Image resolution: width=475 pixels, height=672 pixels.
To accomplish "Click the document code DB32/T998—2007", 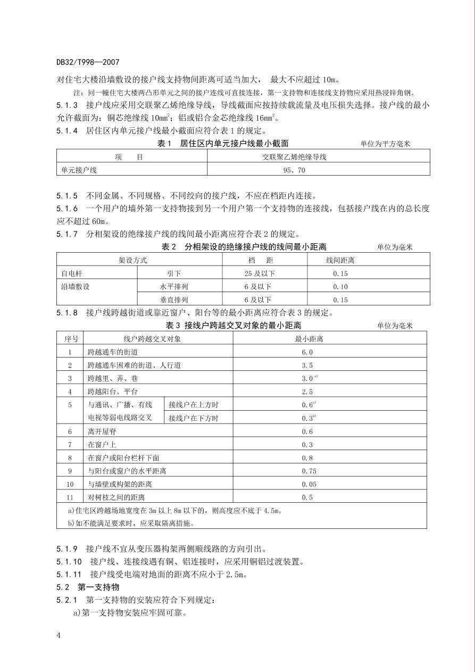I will point(88,62).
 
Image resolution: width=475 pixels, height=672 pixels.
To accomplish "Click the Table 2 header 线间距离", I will point(340,260).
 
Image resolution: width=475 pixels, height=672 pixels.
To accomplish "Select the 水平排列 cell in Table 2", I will point(174,287).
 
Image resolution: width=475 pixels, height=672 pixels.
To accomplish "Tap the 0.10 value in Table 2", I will point(340,287).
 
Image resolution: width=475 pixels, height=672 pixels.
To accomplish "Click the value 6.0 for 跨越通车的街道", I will point(307,352).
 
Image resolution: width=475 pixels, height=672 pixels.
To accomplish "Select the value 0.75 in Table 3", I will point(309,471).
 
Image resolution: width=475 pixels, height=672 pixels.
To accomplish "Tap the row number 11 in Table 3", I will point(70,497).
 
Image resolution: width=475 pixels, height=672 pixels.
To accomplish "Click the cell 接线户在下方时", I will point(194,418).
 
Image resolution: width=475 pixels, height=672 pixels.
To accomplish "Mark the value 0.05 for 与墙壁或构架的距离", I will point(309,484).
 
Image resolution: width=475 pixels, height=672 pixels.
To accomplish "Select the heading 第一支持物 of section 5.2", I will point(103,587).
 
